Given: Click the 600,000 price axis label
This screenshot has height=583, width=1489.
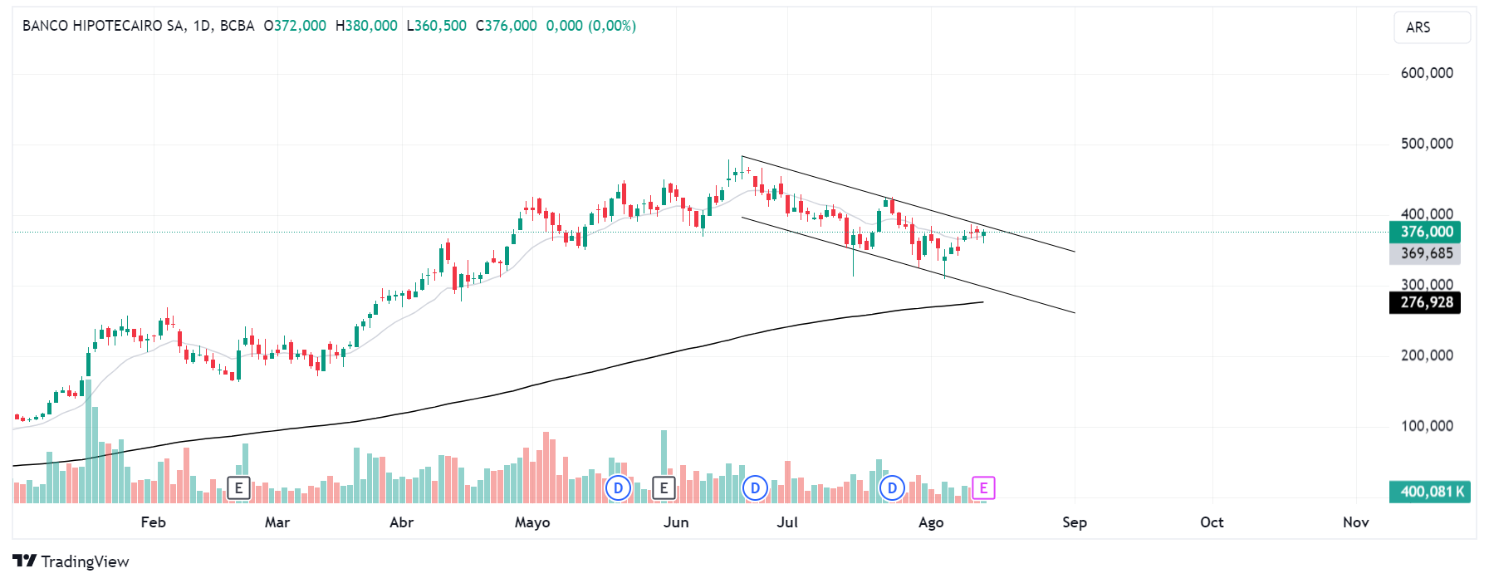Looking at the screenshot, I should [1426, 73].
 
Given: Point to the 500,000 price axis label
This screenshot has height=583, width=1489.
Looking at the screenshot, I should [1426, 144].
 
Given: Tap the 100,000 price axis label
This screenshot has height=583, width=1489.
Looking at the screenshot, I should [1426, 426].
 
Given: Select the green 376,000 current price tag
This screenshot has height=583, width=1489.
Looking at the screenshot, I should [1425, 232].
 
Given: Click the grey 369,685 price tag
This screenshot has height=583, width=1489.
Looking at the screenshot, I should [1425, 253].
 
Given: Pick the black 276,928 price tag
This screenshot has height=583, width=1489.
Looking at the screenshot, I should [1425, 302].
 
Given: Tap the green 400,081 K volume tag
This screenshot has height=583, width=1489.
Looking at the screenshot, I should [1430, 492].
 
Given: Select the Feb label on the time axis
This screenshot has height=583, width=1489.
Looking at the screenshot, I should [153, 522].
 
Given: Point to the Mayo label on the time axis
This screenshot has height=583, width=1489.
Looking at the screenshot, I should [532, 522].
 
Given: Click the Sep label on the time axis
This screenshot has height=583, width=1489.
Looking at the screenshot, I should [1074, 522].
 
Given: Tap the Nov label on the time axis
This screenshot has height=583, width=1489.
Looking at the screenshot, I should [1355, 522].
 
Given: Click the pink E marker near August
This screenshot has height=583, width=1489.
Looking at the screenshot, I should [983, 488].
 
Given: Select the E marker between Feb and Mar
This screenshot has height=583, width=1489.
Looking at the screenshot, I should [238, 488].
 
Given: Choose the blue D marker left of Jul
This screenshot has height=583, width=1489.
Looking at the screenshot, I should [755, 488].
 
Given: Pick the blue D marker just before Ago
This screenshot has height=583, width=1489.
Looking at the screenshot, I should [892, 488].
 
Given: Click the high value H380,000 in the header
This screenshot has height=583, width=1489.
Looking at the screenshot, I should [366, 26].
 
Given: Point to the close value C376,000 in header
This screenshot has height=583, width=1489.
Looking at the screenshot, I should [506, 26].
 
